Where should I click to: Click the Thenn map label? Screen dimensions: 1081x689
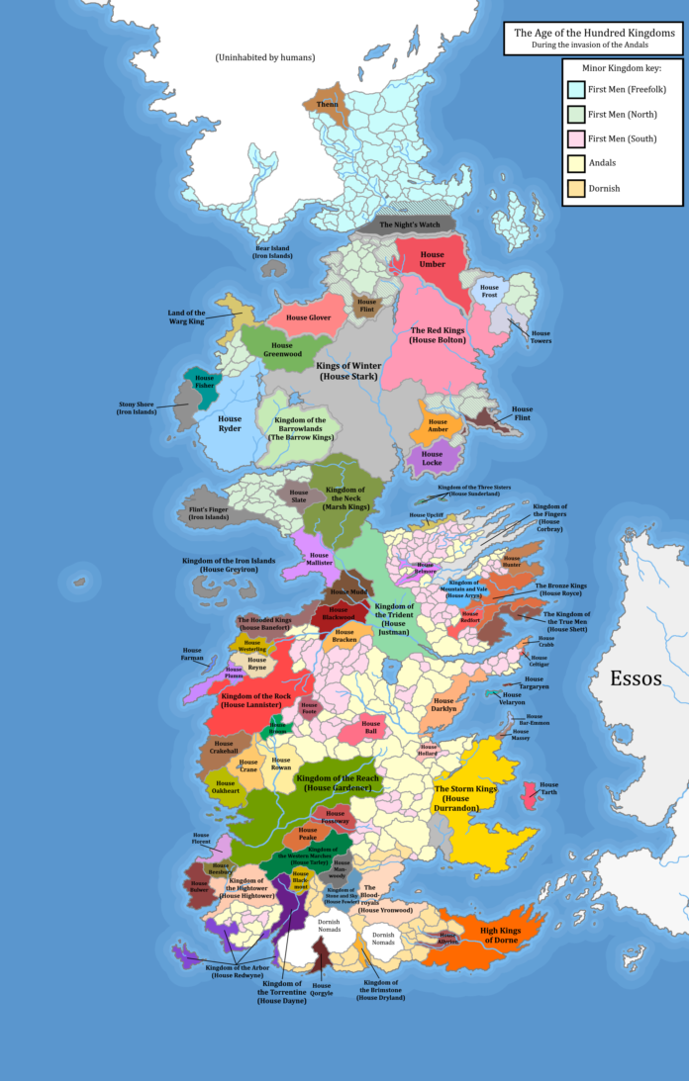tap(326, 103)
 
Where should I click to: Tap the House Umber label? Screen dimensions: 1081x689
tap(432, 260)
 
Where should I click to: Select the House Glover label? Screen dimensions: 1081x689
tap(309, 317)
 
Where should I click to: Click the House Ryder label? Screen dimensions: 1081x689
tap(230, 424)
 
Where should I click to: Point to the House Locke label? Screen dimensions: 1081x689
tap(432, 458)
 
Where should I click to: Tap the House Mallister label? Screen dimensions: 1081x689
tap(319, 560)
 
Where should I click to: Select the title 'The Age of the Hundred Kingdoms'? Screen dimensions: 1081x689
tap(592, 33)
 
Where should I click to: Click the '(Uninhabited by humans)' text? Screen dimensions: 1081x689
tap(265, 58)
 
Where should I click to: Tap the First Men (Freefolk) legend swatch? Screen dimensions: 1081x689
tap(574, 91)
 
